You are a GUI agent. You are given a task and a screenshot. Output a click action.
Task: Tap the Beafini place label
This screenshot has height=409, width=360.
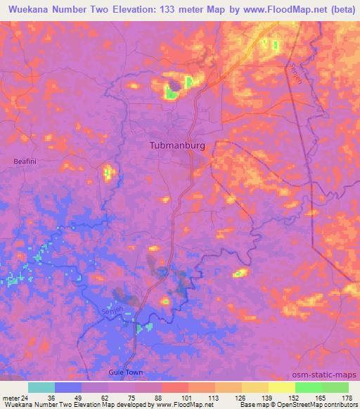[x=23, y=162]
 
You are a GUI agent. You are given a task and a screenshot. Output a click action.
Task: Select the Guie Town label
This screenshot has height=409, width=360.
[x=126, y=372]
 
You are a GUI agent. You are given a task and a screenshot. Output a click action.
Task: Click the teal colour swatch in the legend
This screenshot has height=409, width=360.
[x=41, y=387]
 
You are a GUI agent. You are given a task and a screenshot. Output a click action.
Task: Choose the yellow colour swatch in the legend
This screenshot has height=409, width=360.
[x=282, y=387]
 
